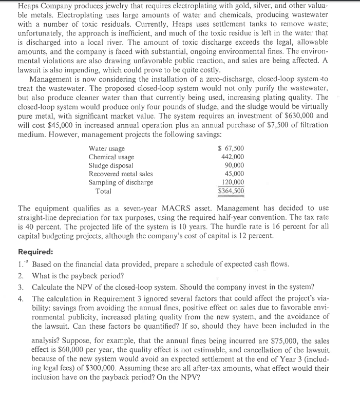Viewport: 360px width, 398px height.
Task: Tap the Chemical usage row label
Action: [x=111, y=157]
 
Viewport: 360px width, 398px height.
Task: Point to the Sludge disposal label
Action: [x=111, y=165]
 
